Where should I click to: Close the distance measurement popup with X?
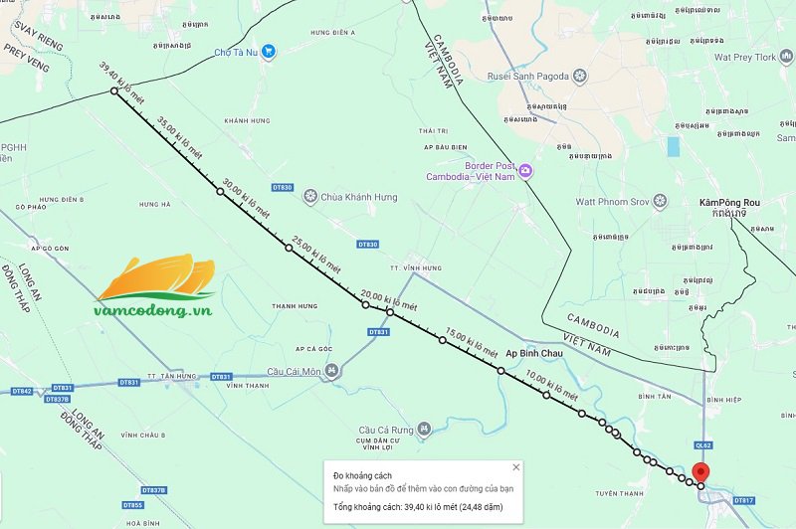pyautogui.click(x=515, y=466)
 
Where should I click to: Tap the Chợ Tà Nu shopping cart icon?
pyautogui.click(x=268, y=53)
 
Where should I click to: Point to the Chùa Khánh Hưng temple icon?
pyautogui.click(x=310, y=197)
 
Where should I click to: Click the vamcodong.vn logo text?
pyautogui.click(x=153, y=310)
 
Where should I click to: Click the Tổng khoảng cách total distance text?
pyautogui.click(x=417, y=507)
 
